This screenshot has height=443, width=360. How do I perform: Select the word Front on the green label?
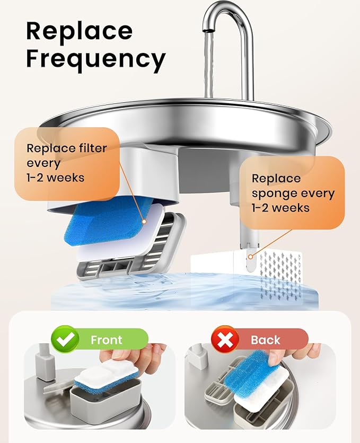point(106,340)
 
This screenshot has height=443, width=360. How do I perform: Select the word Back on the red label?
point(265,340)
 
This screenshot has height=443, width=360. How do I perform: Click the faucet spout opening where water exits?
point(208,30)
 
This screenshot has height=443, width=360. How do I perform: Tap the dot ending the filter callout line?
point(144,221)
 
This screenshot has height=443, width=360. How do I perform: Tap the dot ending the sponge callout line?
point(250,257)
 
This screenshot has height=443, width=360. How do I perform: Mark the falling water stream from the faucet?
point(208,65)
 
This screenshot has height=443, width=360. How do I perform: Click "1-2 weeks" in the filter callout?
point(55,178)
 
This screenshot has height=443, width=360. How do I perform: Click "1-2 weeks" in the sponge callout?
point(280,208)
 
